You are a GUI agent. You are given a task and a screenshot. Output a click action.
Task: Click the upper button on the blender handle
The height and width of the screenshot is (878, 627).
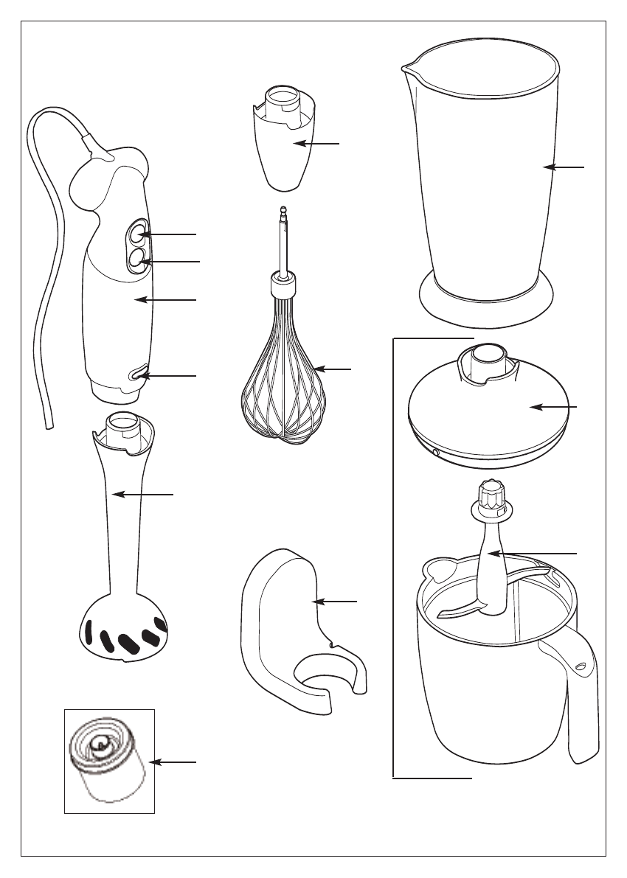[137, 234]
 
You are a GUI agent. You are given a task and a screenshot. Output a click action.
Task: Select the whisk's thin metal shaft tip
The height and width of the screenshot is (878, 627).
[281, 213]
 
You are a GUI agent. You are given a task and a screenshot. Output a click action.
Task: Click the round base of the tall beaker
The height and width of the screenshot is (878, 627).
[485, 302]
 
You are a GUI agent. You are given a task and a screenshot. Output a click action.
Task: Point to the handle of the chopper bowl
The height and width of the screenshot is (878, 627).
[579, 693]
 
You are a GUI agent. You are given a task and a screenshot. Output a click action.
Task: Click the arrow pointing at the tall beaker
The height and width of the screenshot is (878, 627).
[564, 168]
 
